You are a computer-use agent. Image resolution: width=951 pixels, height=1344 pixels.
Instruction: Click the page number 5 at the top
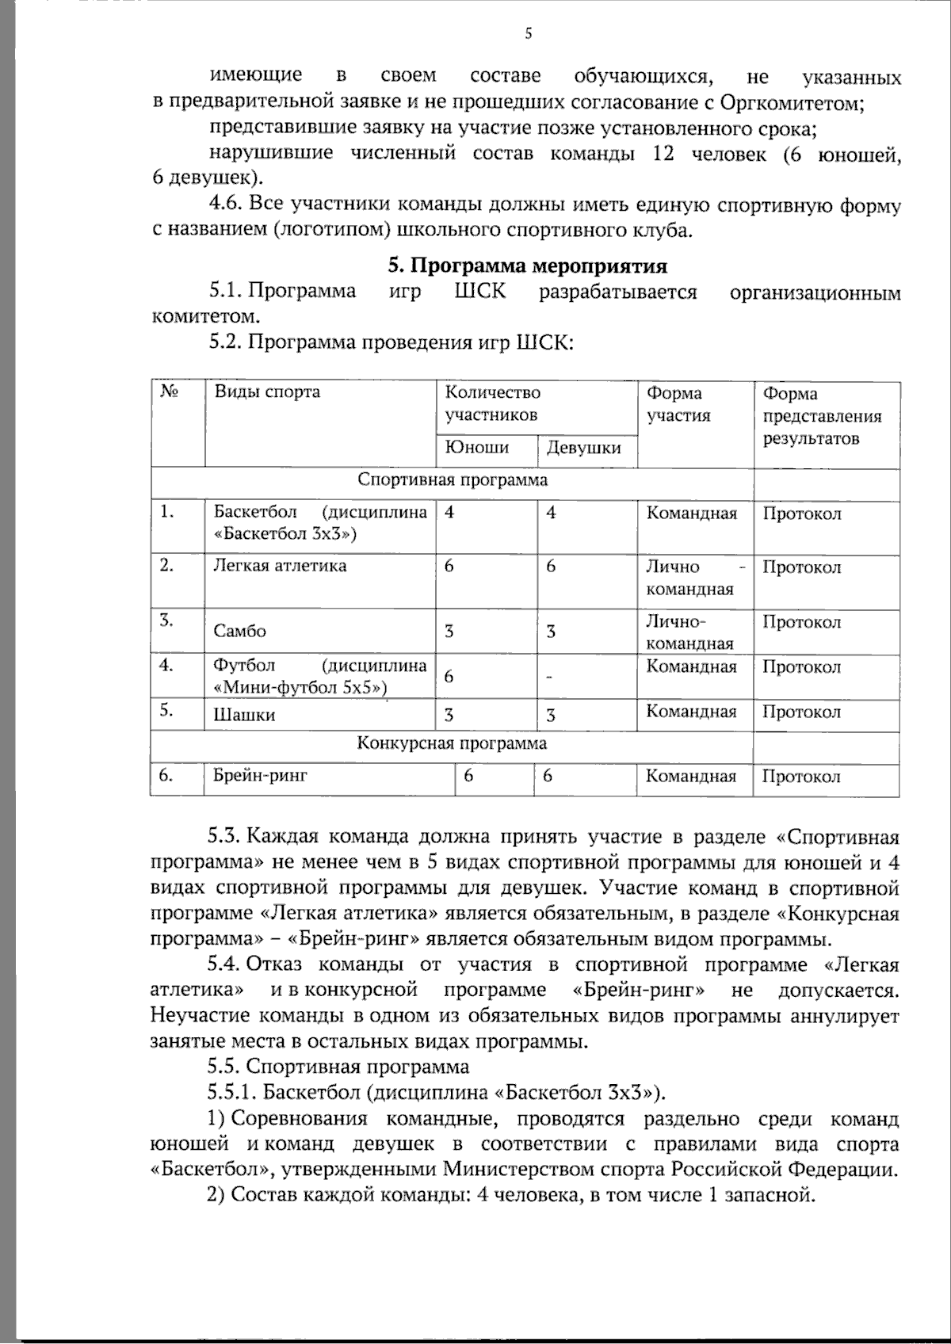click(x=529, y=32)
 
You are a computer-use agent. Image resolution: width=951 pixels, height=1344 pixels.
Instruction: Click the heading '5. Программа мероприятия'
click(x=526, y=265)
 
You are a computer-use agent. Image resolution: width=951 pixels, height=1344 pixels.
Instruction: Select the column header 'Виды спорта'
click(x=267, y=392)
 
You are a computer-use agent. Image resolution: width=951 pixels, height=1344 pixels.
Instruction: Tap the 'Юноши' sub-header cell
click(x=476, y=448)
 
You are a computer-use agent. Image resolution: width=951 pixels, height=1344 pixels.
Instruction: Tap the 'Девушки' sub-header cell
click(x=584, y=449)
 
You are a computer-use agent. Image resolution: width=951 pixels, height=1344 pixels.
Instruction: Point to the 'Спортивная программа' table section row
click(x=453, y=480)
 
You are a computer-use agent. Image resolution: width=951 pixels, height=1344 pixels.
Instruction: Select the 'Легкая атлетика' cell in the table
click(x=280, y=566)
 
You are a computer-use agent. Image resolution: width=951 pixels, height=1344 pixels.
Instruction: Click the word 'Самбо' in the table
click(x=240, y=632)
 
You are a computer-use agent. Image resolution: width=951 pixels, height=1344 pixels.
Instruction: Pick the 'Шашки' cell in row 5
click(x=244, y=715)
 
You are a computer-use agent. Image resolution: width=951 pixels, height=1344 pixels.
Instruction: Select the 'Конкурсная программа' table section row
click(x=452, y=743)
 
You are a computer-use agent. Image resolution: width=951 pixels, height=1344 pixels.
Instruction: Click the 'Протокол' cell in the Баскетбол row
click(x=801, y=514)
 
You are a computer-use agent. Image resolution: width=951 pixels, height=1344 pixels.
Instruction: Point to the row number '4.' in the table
click(x=166, y=665)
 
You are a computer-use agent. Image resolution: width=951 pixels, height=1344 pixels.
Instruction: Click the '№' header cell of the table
click(x=168, y=391)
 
